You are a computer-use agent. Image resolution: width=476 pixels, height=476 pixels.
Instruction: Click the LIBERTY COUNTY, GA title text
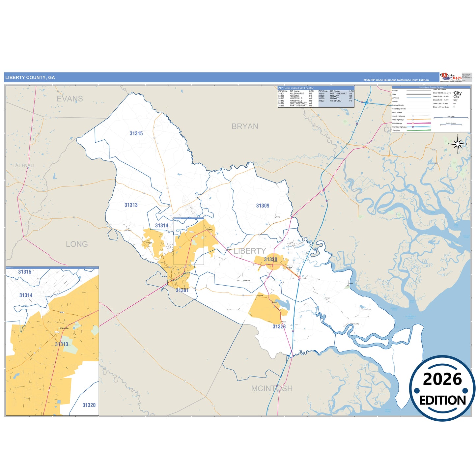click(x=30, y=78)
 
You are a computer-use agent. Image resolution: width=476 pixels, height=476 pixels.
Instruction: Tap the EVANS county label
click(x=70, y=98)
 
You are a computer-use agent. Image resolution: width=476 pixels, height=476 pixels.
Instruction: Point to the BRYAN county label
click(x=245, y=126)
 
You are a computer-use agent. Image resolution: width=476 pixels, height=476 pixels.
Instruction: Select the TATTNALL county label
click(x=24, y=165)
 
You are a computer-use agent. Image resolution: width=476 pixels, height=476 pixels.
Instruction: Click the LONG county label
click(x=77, y=244)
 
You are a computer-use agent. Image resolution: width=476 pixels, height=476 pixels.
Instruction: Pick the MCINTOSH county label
click(x=272, y=389)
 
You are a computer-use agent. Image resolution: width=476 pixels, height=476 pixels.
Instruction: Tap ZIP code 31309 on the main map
click(x=263, y=206)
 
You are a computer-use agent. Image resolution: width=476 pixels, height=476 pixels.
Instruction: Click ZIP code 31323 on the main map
click(x=279, y=327)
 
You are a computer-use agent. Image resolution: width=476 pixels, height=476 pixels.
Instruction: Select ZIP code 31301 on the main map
click(x=182, y=290)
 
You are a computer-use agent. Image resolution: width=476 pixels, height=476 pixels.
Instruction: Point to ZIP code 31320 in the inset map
click(x=89, y=405)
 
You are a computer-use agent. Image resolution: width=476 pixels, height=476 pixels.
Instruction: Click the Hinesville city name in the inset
click(x=63, y=328)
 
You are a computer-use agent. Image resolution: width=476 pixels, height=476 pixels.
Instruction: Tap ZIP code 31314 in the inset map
click(x=26, y=295)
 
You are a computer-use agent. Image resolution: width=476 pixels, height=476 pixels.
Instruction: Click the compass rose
click(x=458, y=144)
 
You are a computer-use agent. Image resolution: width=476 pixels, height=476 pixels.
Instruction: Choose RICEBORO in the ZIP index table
click(x=336, y=101)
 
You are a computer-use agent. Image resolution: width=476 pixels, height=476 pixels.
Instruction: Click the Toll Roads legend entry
click(x=396, y=131)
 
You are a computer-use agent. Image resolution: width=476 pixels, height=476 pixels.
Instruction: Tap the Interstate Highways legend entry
click(x=399, y=127)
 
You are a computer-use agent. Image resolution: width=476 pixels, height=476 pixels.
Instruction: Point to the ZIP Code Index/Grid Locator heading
click(x=296, y=88)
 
